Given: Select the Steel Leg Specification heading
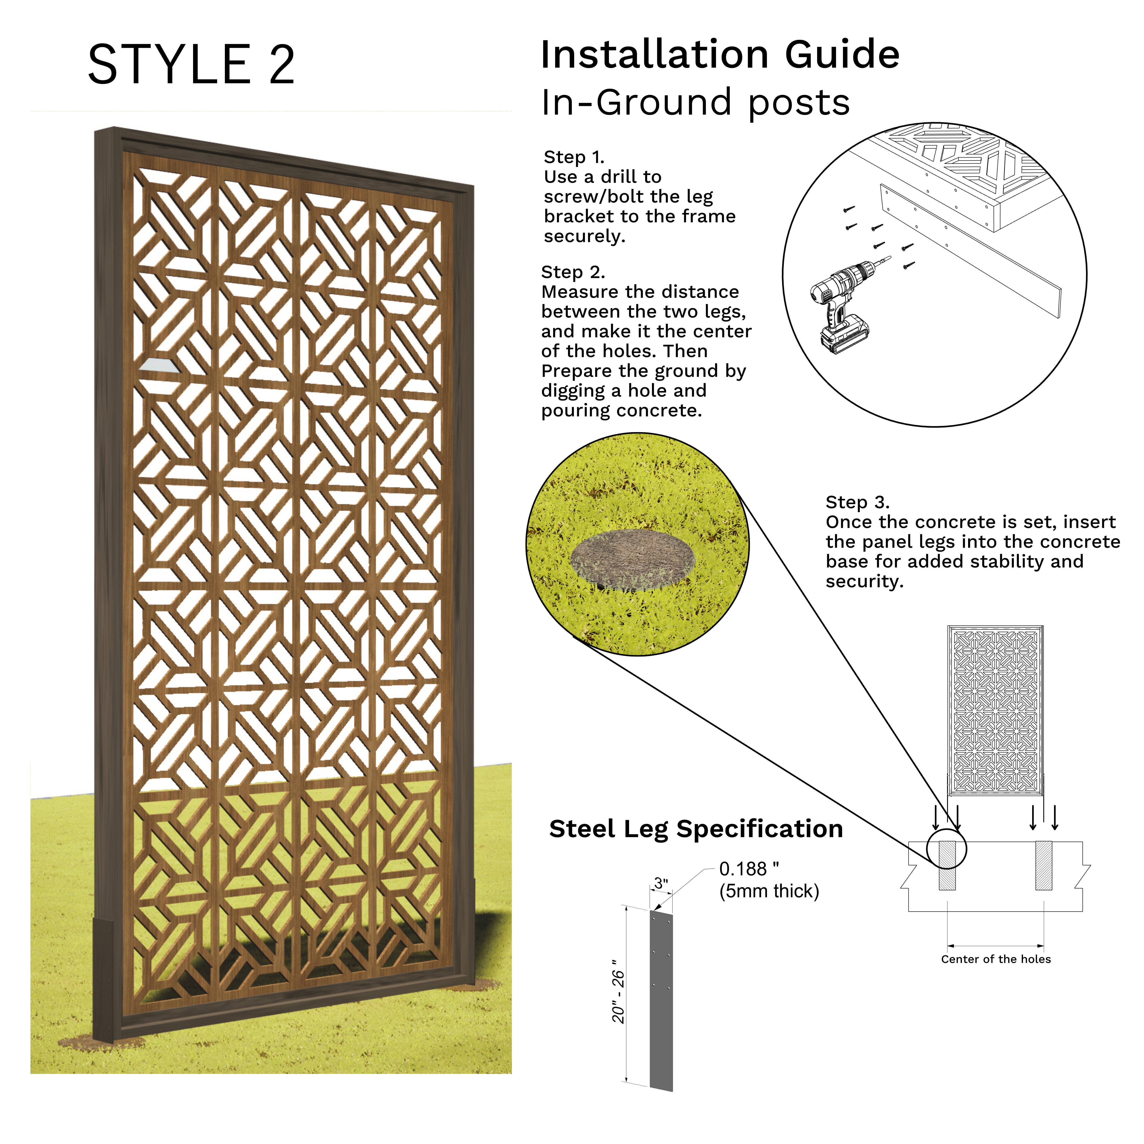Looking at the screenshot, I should (696, 829).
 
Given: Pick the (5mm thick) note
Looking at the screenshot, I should (769, 891).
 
